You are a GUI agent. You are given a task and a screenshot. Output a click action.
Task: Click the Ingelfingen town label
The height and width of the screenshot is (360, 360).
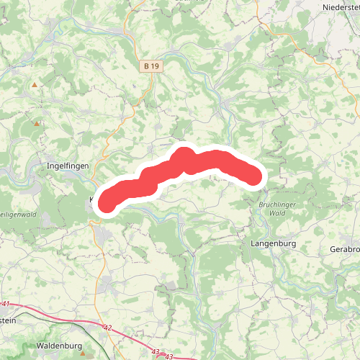[67, 165]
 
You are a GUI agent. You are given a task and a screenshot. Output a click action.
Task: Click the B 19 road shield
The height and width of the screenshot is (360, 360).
[150, 66]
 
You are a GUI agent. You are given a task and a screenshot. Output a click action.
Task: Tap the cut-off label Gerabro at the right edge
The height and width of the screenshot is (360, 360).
[345, 247]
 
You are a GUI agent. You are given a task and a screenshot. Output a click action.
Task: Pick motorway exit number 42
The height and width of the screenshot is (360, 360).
[108, 328]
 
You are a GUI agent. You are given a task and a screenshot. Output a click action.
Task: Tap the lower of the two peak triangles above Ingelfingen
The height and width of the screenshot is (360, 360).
[37, 123]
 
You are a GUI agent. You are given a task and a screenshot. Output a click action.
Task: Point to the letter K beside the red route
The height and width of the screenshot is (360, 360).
[91, 198]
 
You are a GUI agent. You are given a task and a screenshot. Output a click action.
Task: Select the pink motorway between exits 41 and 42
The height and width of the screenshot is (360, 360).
[58, 315]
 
